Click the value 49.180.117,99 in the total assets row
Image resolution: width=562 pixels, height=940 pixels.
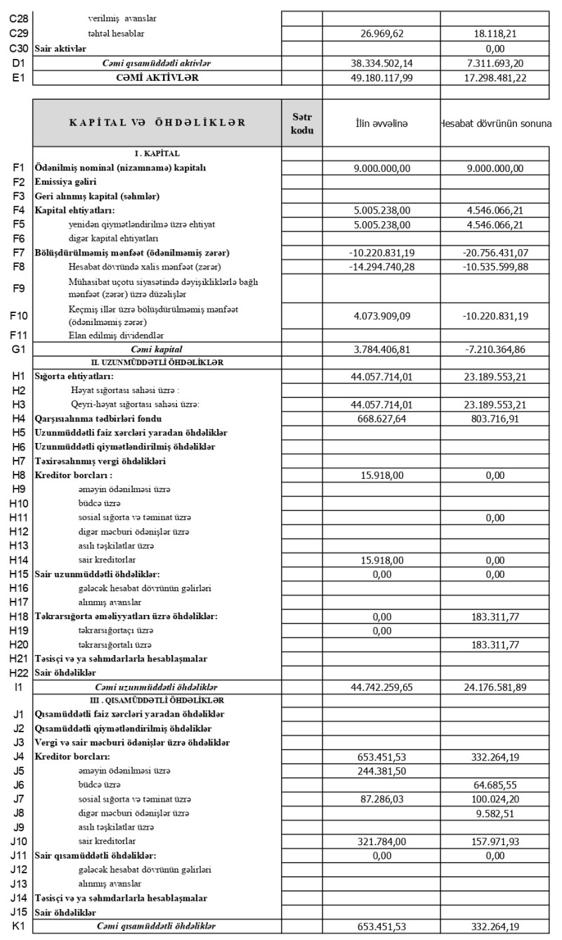pyautogui.click(x=382, y=78)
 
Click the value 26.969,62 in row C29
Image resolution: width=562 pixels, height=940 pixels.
pyautogui.click(x=381, y=34)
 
